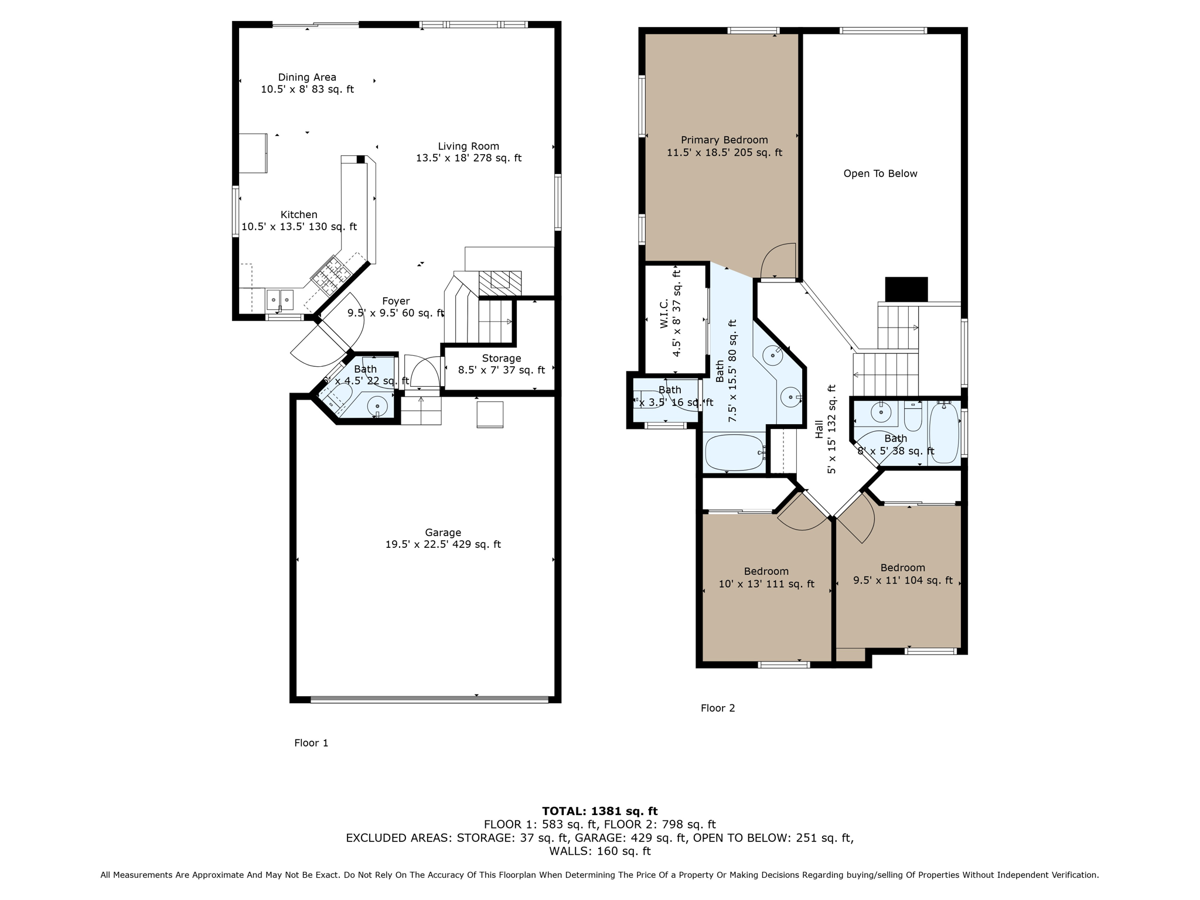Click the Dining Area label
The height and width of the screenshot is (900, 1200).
coord(307,77)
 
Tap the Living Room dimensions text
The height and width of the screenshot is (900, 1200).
coord(468,158)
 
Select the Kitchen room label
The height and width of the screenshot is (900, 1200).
coord(299,214)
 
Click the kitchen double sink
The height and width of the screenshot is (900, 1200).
coord(280,299)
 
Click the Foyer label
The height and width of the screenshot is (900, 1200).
coord(396,301)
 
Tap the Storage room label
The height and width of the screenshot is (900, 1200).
coord(501,358)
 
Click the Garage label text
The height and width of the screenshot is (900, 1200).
coord(442,532)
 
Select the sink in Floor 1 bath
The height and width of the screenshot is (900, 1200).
coord(377,405)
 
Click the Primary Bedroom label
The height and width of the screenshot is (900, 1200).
coord(724,140)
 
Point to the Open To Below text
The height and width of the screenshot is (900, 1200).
coord(880,173)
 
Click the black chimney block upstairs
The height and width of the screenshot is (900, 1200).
coord(906,289)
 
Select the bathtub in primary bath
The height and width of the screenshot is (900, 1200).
coord(735,452)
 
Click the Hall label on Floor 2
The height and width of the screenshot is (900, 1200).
coord(819,429)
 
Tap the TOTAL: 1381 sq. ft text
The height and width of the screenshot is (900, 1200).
coord(599,811)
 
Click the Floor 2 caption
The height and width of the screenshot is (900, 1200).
coord(717,708)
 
